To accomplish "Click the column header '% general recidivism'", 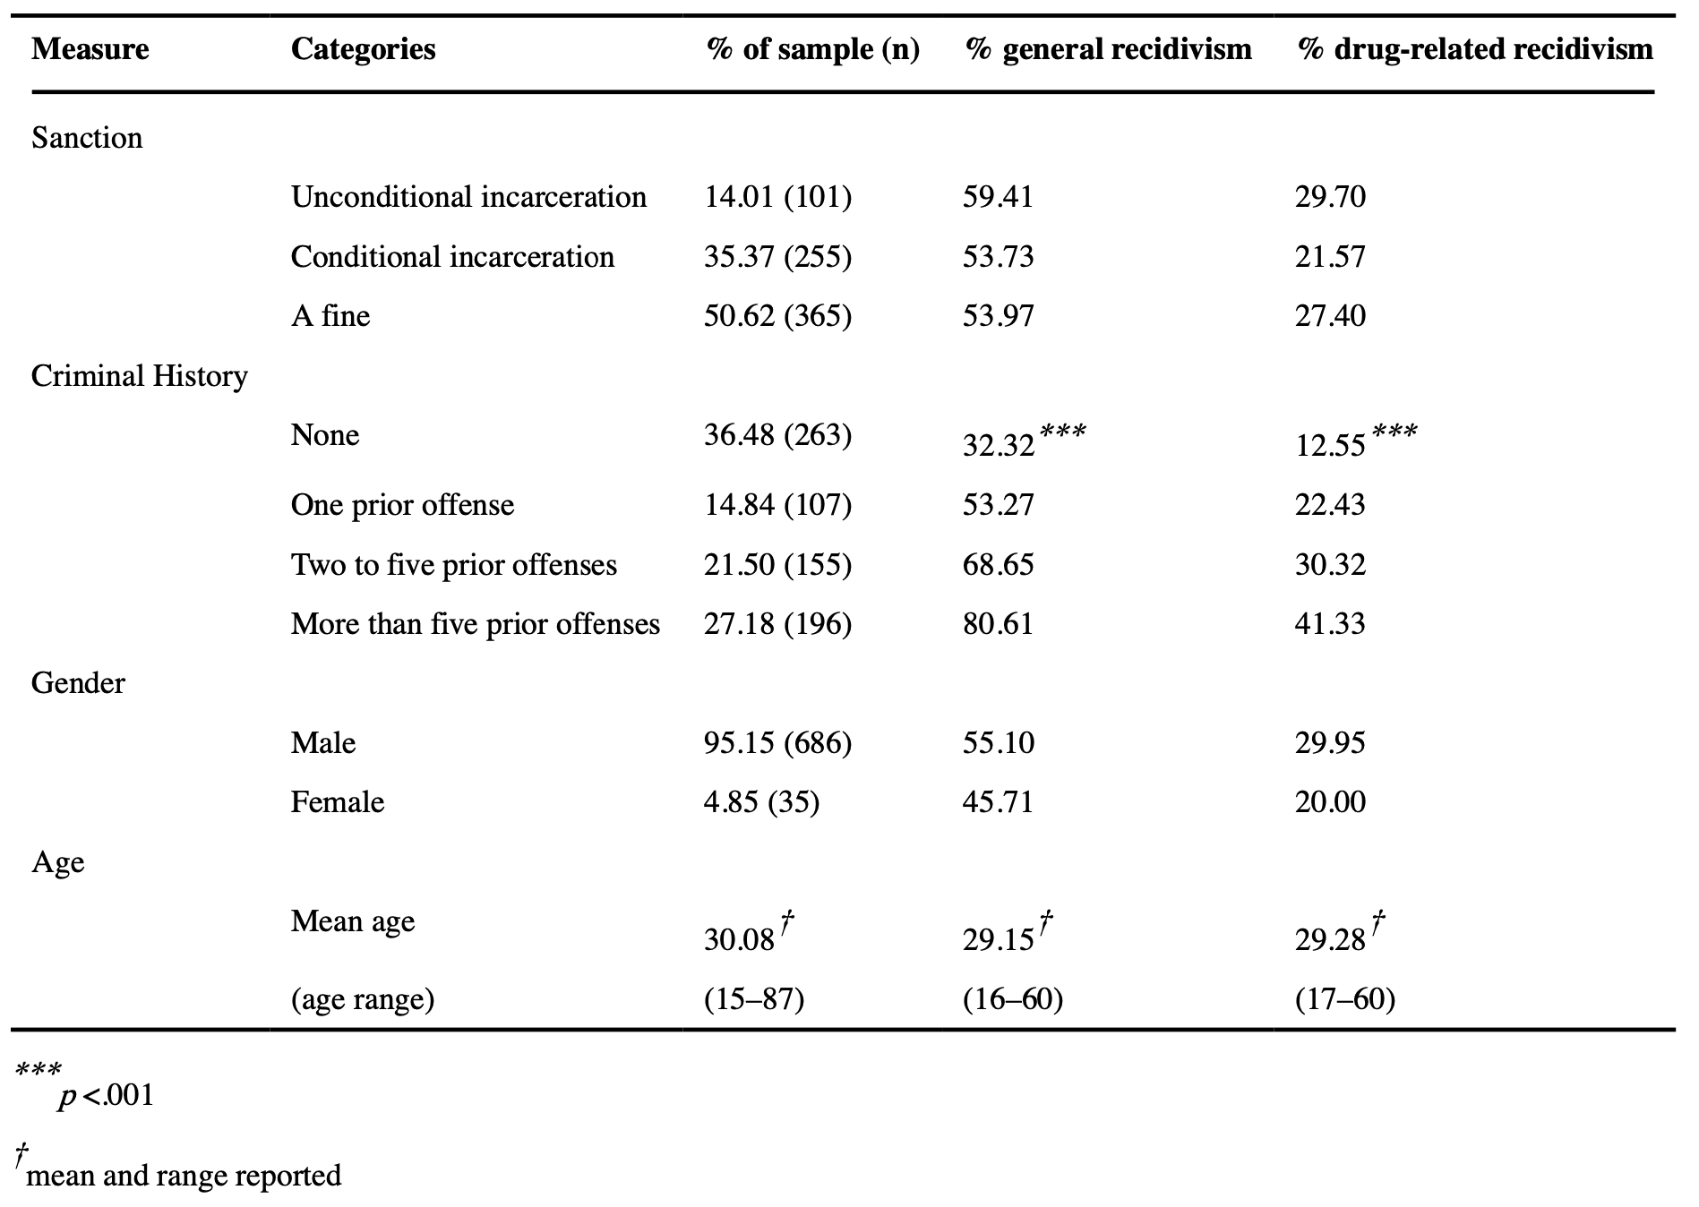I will coord(1108,49).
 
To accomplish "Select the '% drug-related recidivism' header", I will coord(1474,49).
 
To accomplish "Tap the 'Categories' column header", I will coord(363,49).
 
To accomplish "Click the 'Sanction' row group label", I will coord(87,138).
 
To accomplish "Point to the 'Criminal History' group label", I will coord(139,376).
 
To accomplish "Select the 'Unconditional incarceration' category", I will coord(468,197).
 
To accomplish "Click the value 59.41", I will coord(998,197).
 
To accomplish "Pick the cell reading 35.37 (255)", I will coord(777,257).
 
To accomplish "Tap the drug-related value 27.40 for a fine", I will coord(1330,316).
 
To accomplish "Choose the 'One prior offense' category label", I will coord(402,505).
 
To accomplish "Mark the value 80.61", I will coord(998,624).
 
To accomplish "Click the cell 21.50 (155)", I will coord(777,565).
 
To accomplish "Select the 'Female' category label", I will coord(337,802).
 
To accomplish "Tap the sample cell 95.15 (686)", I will coord(777,743).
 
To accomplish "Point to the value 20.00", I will coord(1330,802).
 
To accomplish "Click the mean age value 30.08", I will coord(739,939).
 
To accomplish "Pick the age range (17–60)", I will coord(1344,999).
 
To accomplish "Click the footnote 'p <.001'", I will coord(106,1096).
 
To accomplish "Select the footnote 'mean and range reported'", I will coord(184,1176).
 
